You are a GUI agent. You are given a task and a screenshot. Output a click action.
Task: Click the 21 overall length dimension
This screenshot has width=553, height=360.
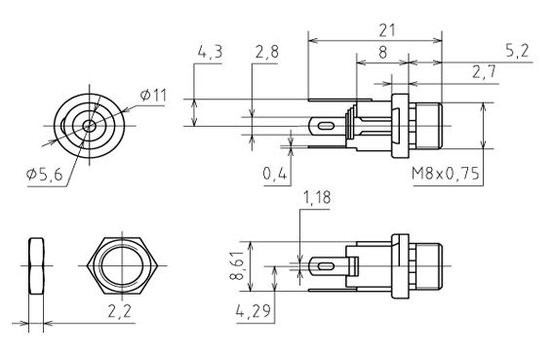387,30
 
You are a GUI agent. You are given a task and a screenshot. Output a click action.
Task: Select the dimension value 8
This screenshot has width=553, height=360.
382,53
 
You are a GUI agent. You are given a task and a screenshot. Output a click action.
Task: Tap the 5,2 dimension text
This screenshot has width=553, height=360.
517,51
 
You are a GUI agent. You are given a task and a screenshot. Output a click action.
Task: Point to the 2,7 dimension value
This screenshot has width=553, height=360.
484,72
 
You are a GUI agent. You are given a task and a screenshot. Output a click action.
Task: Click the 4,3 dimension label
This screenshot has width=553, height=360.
210,53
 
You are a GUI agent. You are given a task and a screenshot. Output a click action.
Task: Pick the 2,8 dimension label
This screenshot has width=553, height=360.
267,53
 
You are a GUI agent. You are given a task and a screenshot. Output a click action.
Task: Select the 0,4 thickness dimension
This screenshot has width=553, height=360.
275,173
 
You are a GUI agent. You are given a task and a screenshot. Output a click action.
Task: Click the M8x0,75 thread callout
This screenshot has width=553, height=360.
446,174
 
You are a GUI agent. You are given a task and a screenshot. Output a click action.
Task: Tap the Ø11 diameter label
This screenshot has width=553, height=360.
153,96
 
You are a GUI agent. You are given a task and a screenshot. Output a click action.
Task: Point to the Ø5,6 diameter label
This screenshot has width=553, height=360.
45,174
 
